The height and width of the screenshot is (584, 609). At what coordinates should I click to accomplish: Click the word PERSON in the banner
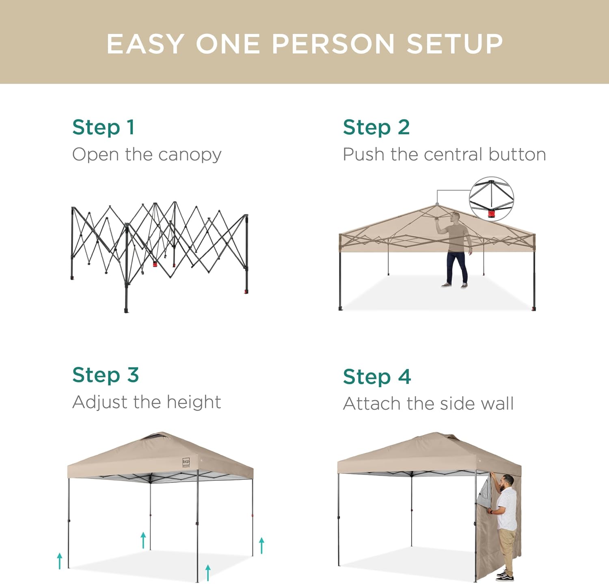(333, 44)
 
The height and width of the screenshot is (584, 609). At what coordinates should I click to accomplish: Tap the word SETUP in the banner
(455, 44)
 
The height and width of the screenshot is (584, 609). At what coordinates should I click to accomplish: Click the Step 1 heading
(103, 127)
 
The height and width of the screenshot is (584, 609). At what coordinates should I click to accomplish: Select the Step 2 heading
(376, 127)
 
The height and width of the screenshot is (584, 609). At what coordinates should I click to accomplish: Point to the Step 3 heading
(106, 375)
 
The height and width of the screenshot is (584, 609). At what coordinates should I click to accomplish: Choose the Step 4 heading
(377, 377)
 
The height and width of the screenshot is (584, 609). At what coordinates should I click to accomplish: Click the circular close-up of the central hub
(491, 198)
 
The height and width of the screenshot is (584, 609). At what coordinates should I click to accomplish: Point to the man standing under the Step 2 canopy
(456, 250)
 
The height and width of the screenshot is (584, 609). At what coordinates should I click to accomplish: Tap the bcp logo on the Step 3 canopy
(186, 462)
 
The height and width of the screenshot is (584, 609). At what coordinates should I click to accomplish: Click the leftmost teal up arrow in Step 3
(60, 561)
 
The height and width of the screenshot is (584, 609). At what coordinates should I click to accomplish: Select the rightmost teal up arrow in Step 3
(262, 545)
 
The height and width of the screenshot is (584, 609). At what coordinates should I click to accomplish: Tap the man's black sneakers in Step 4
(505, 575)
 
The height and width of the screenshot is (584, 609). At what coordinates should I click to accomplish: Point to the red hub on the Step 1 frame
(155, 264)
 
